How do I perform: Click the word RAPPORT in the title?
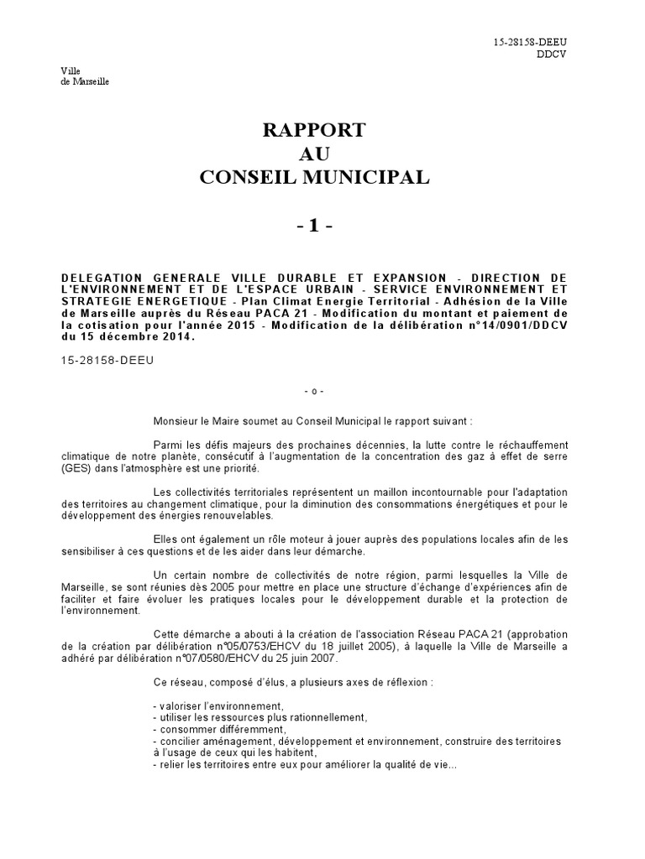click(316, 130)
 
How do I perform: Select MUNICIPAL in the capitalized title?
click(370, 177)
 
